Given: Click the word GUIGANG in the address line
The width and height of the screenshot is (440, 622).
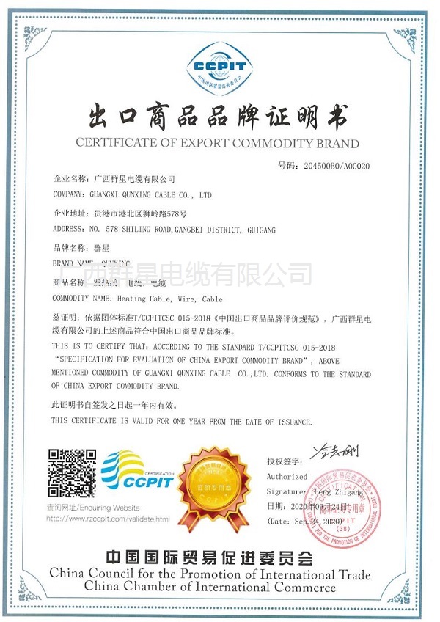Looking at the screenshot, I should coord(259,230).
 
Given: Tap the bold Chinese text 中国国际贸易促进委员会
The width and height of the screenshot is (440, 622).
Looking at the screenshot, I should coord(218,557).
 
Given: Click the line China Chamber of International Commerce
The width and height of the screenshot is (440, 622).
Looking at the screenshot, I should coord(210,587).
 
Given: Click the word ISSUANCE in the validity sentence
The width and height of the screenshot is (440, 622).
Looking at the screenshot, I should coord(288,422).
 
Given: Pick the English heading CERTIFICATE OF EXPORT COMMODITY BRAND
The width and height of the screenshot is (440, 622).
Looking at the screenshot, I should coord(218,143).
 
